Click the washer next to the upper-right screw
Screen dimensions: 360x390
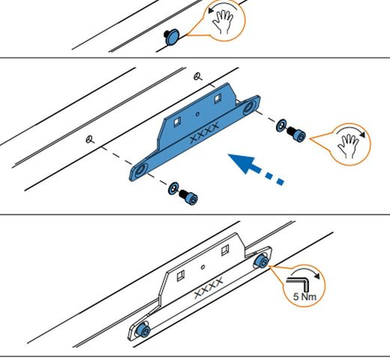(x=282, y=124)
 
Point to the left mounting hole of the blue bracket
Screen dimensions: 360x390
(x=141, y=169)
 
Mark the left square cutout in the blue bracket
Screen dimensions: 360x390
(x=177, y=118)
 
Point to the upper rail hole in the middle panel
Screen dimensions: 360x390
(x=196, y=75)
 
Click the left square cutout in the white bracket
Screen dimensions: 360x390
(x=180, y=275)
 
